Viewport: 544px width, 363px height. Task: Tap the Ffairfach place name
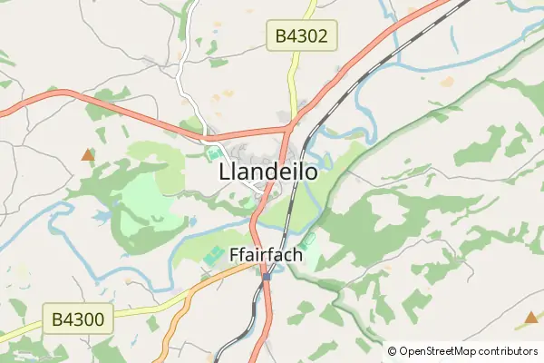(266, 256)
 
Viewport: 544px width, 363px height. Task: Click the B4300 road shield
(79, 319)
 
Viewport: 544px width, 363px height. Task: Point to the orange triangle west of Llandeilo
(87, 155)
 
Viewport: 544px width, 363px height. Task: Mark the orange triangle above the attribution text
(531, 318)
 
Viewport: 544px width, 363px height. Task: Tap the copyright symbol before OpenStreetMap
(393, 351)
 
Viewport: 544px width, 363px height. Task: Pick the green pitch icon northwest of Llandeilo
(214, 153)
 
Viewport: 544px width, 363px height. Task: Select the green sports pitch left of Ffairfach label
(214, 256)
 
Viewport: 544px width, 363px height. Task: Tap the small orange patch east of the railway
(446, 82)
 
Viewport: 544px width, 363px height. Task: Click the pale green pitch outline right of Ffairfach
(309, 240)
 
